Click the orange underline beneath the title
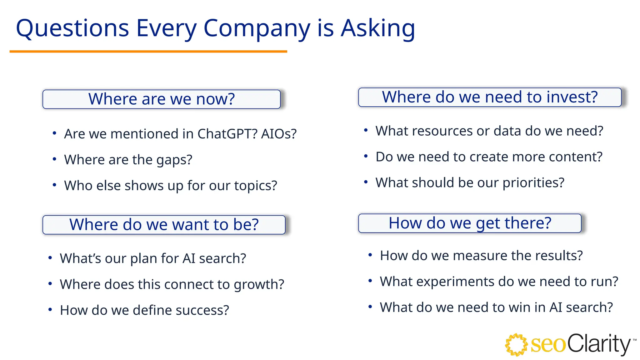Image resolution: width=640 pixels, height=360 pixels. click(148, 52)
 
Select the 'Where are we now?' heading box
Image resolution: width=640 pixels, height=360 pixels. click(161, 99)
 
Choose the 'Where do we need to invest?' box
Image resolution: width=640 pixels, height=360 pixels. click(489, 97)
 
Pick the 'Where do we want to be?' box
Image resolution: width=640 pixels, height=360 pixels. click(164, 225)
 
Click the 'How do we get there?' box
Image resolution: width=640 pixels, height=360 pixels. click(469, 223)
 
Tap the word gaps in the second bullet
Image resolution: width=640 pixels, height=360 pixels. click(174, 160)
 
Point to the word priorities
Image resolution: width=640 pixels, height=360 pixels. click(533, 183)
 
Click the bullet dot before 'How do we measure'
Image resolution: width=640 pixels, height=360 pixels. click(370, 255)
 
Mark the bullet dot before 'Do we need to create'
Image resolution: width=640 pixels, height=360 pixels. click(366, 156)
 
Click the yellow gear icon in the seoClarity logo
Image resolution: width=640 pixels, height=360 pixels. click(516, 345)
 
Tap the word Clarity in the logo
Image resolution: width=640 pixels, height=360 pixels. click(598, 344)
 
